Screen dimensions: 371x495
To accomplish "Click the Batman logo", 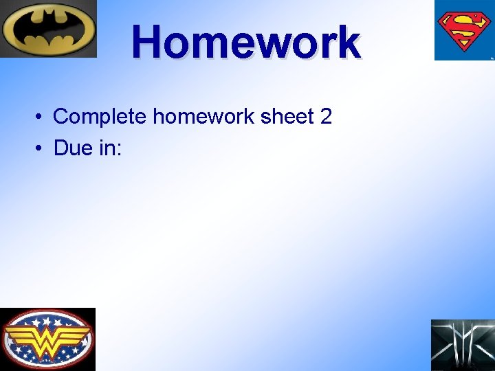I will coord(48,29).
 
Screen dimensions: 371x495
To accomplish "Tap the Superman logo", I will coord(464,30).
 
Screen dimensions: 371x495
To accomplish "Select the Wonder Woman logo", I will coord(47,339).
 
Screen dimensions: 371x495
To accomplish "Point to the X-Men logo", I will coord(463,345).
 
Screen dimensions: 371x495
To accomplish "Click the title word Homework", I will coord(246,43).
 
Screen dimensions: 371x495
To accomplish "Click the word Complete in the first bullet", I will coord(100,117).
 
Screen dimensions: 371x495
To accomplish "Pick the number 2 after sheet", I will coord(326,117).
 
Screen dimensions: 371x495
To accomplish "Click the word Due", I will coord(72,148).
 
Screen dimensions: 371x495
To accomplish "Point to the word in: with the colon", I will coord(110,148).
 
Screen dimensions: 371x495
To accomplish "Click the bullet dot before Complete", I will coord(40,117).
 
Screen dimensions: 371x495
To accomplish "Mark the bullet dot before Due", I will coord(40,148).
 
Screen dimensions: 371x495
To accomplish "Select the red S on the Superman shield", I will coord(464,29).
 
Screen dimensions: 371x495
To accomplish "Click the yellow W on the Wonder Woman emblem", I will coord(47,337).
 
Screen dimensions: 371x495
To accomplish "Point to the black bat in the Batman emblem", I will coord(48,30).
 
